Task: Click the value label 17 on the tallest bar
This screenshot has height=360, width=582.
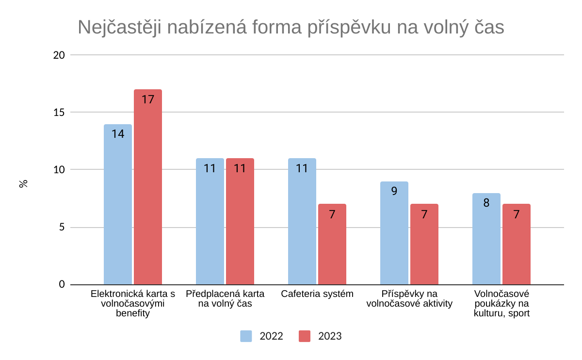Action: click(x=148, y=99)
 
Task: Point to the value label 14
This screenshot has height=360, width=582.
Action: click(x=118, y=134)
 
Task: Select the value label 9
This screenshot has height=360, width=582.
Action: click(x=394, y=191)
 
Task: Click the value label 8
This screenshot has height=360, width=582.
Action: click(x=486, y=203)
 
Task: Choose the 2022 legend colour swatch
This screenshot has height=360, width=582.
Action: click(x=246, y=336)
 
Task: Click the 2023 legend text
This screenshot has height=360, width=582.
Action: click(x=330, y=336)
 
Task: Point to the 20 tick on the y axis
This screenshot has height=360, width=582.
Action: click(x=59, y=55)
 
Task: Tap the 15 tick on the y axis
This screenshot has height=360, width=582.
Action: click(x=59, y=112)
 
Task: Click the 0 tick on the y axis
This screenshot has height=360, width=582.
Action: click(x=62, y=284)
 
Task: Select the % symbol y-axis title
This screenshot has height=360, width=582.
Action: click(x=23, y=184)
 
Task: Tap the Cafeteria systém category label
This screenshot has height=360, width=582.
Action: click(x=317, y=294)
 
